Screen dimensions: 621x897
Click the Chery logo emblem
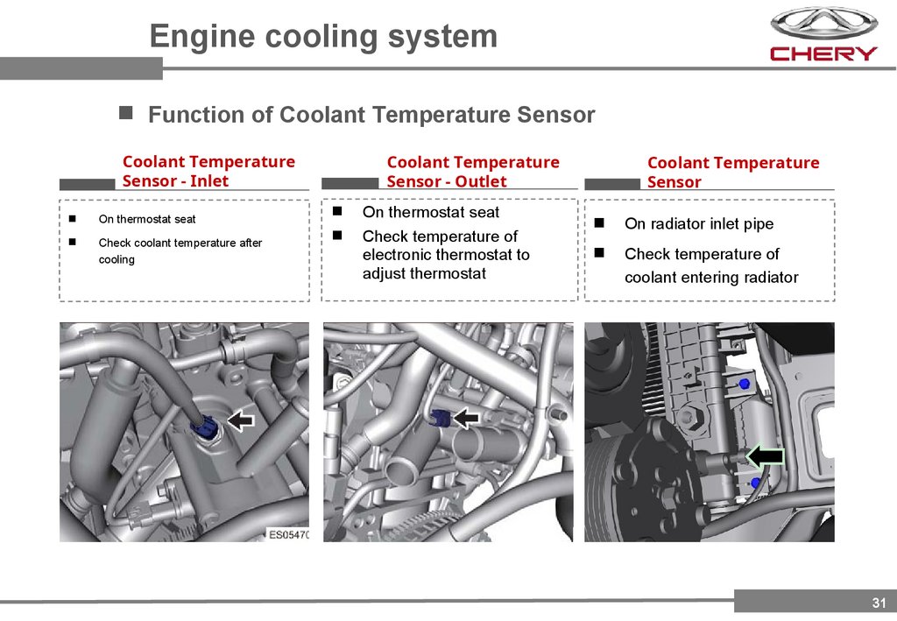tap(823, 23)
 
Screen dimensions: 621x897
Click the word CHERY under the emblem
tap(823, 53)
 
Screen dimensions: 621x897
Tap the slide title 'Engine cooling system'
tap(323, 36)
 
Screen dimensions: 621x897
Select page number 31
tap(879, 602)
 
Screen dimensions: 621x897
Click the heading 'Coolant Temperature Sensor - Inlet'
tap(208, 171)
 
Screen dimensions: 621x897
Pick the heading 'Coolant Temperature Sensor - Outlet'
tap(472, 171)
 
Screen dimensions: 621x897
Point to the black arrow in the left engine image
tap(240, 420)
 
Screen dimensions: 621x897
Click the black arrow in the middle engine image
tap(469, 417)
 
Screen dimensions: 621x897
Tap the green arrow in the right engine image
tap(764, 455)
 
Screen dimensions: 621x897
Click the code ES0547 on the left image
tap(288, 533)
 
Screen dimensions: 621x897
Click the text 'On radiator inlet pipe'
tap(699, 224)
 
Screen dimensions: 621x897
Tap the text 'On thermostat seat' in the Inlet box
tap(147, 219)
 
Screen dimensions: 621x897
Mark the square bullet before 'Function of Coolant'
tap(126, 113)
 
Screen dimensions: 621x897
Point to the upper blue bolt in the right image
tap(745, 384)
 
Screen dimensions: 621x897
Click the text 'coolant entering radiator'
tap(711, 278)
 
